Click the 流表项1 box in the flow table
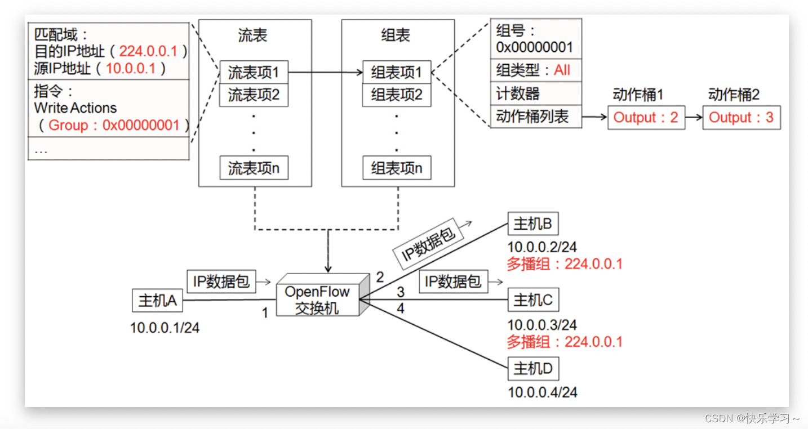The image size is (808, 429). click(x=254, y=72)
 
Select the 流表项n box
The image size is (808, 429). click(x=254, y=168)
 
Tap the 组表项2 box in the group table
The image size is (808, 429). click(x=396, y=95)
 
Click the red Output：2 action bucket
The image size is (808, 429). click(x=646, y=118)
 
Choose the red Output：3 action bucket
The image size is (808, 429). click(x=741, y=118)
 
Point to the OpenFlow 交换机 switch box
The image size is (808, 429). click(x=317, y=299)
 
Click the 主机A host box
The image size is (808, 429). click(x=157, y=301)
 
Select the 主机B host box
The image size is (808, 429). click(x=532, y=224)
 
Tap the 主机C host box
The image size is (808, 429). click(x=533, y=300)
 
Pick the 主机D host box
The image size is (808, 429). click(x=533, y=369)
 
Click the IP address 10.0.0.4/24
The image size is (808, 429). click(x=542, y=392)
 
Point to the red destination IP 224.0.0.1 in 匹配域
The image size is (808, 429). click(x=148, y=51)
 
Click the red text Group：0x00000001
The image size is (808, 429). click(x=114, y=125)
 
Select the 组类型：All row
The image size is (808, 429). click(x=535, y=70)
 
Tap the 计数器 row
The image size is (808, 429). click(x=535, y=93)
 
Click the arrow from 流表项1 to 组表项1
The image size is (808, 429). click(x=325, y=73)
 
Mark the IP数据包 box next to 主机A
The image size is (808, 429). click(x=221, y=281)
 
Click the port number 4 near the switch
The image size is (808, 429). click(x=400, y=309)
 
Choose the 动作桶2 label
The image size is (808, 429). click(x=734, y=95)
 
